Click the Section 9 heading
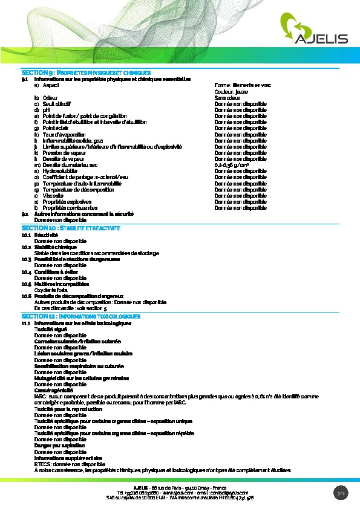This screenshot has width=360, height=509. [x=85, y=73]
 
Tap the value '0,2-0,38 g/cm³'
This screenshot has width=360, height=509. [x=233, y=165]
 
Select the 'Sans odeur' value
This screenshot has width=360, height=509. [x=227, y=97]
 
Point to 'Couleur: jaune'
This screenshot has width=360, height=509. [x=231, y=91]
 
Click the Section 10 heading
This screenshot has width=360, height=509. [x=71, y=228]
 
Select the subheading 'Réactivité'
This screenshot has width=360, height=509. [x=46, y=235]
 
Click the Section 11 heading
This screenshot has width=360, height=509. [x=81, y=316]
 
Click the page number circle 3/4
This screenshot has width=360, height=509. [x=341, y=493]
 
